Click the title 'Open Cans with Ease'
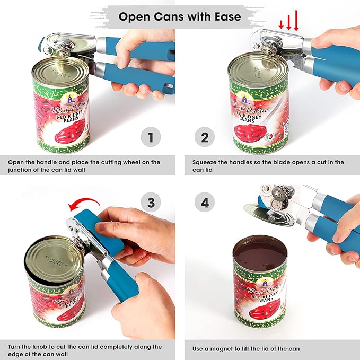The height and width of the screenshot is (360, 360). tap(179, 16)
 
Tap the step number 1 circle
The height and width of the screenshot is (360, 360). tap(151, 138)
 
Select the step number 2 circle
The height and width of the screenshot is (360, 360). tap(205, 138)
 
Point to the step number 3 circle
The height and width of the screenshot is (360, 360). tap(151, 203)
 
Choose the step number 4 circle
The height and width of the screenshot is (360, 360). tap(205, 203)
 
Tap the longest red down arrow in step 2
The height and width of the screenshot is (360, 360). tap(296, 22)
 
